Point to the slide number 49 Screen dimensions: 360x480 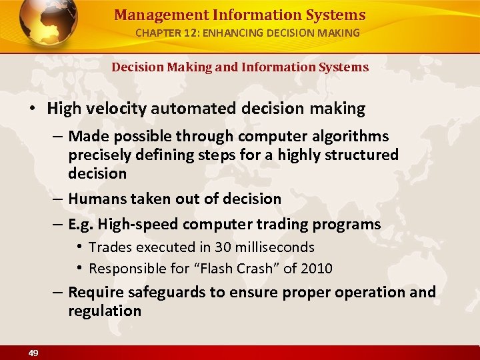pyautogui.click(x=33, y=353)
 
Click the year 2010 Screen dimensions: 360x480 pyautogui.click(x=315, y=269)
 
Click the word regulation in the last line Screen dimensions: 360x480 pyautogui.click(x=105, y=311)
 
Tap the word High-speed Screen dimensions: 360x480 pyautogui.click(x=138, y=225)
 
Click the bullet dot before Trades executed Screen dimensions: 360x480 pyautogui.click(x=79, y=247)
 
